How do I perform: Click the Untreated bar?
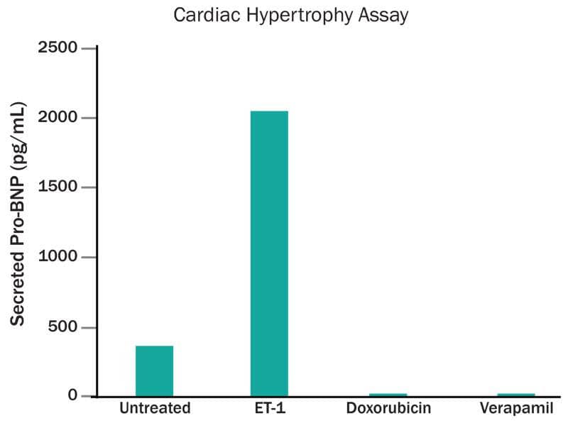click(x=154, y=371)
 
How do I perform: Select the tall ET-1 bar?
click(x=269, y=253)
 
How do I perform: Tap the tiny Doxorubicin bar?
click(x=388, y=394)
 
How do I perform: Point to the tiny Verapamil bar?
click(x=516, y=394)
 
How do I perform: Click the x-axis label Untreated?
click(x=155, y=409)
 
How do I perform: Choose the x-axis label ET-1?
click(x=269, y=409)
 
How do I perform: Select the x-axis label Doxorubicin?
click(x=388, y=409)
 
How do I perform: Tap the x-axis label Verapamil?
click(x=516, y=409)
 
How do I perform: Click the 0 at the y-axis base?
click(x=72, y=395)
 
